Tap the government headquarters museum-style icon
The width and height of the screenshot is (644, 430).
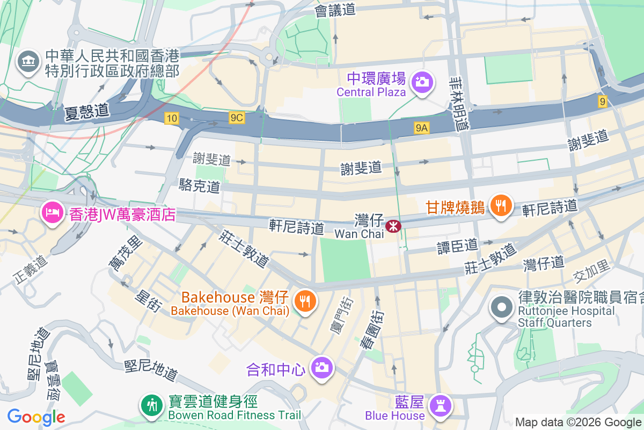[x=28, y=62]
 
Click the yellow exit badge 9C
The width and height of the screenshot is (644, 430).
[x=236, y=118]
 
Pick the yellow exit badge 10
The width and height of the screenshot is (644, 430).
[x=172, y=118]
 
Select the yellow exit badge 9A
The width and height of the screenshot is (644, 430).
[x=422, y=127]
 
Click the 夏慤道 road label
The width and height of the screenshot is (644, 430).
[x=86, y=111]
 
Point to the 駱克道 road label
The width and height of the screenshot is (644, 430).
[x=199, y=187]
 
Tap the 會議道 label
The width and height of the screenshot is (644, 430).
[x=335, y=10]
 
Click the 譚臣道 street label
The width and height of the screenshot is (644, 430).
[x=457, y=246]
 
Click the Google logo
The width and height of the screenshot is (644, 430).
[x=36, y=417]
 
